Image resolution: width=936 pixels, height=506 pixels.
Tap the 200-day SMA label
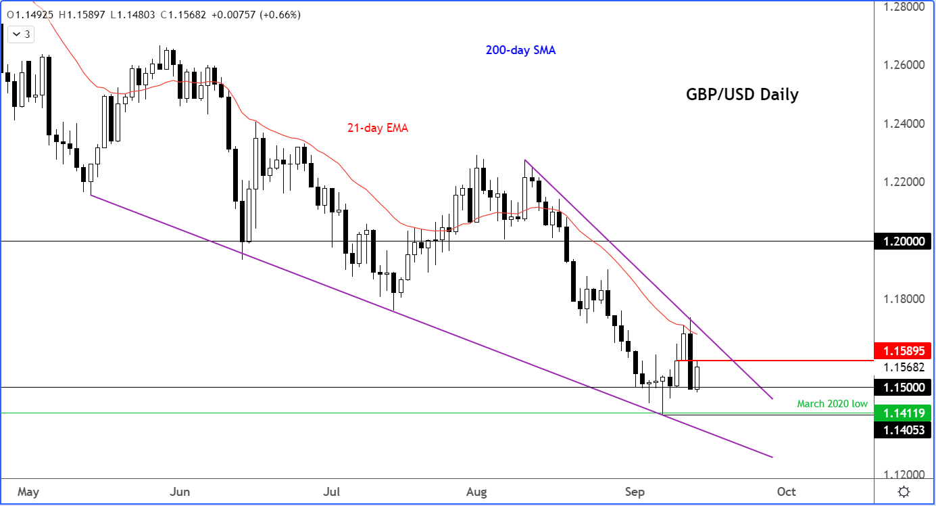pos(520,50)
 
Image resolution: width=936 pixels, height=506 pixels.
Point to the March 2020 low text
pos(832,404)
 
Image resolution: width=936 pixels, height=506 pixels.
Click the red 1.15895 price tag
pos(902,351)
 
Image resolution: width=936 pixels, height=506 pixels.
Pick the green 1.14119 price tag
pos(902,413)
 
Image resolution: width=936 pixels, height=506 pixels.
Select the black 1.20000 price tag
pos(902,241)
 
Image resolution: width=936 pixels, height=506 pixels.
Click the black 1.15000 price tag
pos(902,388)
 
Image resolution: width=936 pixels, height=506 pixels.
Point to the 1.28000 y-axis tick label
pos(902,7)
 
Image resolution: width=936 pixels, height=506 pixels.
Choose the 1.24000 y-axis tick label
pos(902,124)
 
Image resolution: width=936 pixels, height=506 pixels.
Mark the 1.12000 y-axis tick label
pos(902,474)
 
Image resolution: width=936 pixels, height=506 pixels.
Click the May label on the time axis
pos(28,491)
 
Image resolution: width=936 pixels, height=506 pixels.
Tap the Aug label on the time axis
pos(476,491)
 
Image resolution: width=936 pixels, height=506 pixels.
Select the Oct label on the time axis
pos(786,491)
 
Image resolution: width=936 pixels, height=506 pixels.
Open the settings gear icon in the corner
pos(904,492)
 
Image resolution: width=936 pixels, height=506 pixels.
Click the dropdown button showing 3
pos(22,34)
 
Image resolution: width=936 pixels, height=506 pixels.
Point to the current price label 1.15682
pos(902,367)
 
